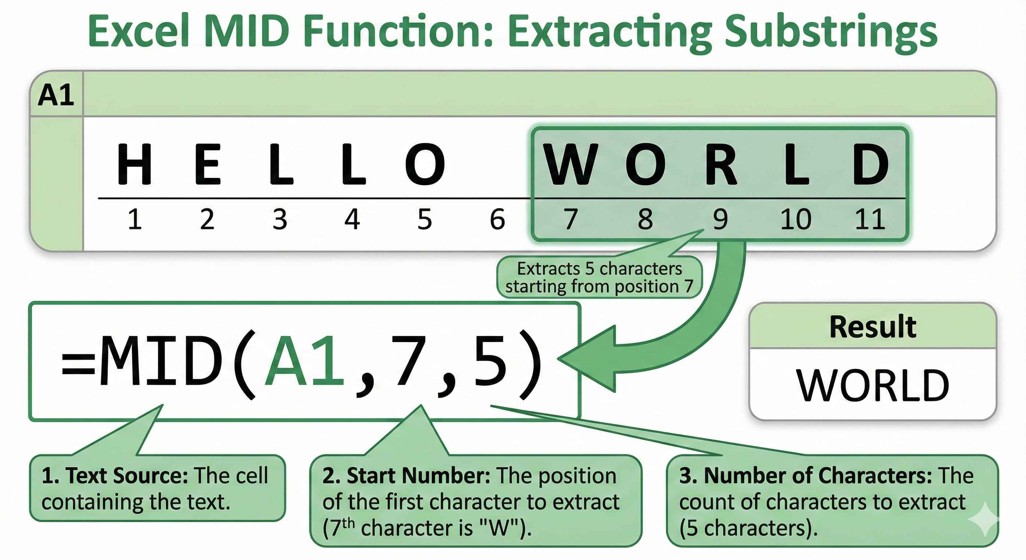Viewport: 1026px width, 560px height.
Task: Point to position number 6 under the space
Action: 497,219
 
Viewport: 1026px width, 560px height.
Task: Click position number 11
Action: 870,219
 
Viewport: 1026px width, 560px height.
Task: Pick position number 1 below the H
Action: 134,219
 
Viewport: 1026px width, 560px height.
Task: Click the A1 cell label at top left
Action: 56,95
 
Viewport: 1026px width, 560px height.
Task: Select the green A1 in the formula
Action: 305,361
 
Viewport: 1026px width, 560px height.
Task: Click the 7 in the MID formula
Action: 410,361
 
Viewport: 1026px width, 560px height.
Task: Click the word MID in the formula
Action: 161,361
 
